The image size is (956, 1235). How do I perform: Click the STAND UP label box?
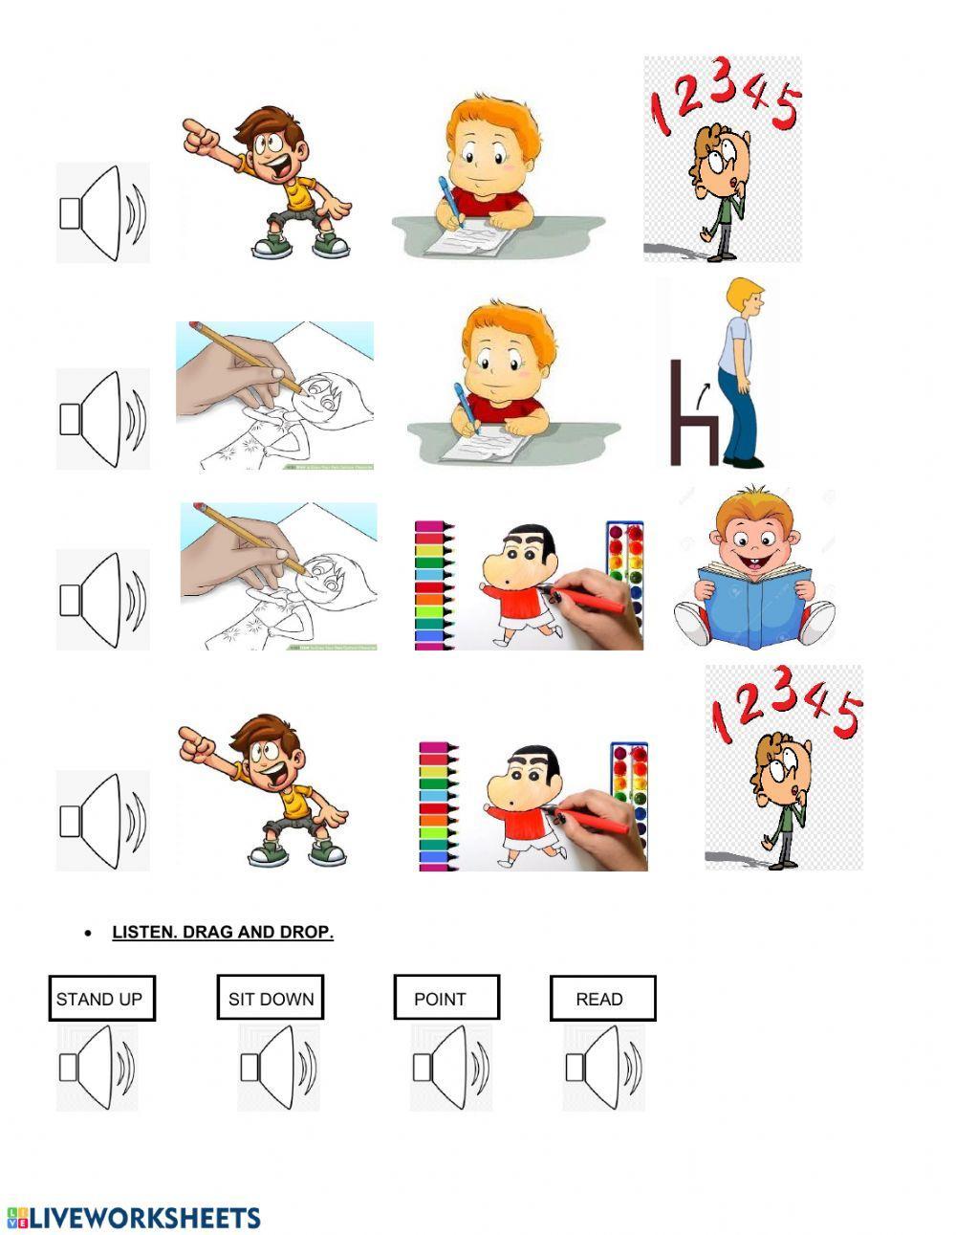[101, 999]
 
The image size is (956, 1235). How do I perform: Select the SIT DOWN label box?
[271, 999]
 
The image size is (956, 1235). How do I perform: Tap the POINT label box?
[446, 999]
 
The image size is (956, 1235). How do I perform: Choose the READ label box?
[602, 999]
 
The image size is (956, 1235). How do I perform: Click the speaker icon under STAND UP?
[97, 1068]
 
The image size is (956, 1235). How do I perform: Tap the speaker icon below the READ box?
[603, 1068]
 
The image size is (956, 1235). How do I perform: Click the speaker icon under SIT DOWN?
[277, 1068]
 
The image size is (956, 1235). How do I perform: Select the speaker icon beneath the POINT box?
[450, 1068]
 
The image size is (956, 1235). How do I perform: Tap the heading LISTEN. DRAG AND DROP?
[223, 932]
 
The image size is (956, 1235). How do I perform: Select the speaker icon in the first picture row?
[102, 213]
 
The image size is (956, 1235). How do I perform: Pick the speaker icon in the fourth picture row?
[102, 821]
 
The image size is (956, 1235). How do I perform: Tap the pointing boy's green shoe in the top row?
[331, 246]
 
